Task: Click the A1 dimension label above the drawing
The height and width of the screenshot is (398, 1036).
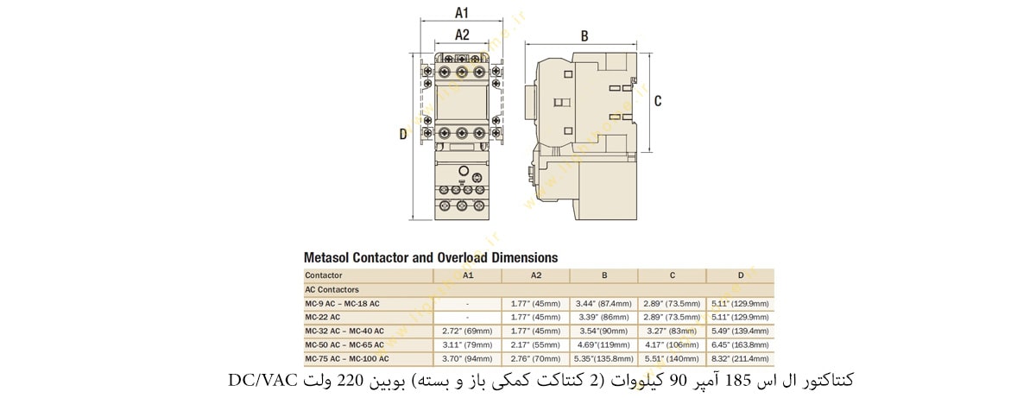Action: [462, 13]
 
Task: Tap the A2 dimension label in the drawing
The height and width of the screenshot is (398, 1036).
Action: [462, 35]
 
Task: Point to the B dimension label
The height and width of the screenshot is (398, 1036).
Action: [584, 36]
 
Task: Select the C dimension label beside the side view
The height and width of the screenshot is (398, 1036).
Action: [658, 101]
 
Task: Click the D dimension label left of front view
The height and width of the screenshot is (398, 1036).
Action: [403, 134]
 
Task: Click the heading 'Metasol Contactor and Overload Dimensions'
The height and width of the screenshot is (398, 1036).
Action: [431, 257]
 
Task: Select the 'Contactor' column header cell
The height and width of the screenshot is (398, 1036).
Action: [324, 275]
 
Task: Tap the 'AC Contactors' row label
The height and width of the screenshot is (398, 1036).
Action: [332, 289]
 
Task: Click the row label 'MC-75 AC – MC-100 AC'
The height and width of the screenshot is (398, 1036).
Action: [347, 358]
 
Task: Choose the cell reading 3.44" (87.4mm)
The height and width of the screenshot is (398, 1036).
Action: [603, 303]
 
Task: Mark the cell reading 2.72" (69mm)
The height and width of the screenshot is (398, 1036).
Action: [467, 331]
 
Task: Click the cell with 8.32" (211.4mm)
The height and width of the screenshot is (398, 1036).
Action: [739, 358]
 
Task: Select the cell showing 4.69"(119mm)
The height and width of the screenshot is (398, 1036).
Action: [603, 344]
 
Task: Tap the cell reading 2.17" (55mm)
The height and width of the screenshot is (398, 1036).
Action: [535, 344]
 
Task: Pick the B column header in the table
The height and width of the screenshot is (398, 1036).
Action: [603, 275]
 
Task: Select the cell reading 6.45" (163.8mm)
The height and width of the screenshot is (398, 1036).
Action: [739, 344]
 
